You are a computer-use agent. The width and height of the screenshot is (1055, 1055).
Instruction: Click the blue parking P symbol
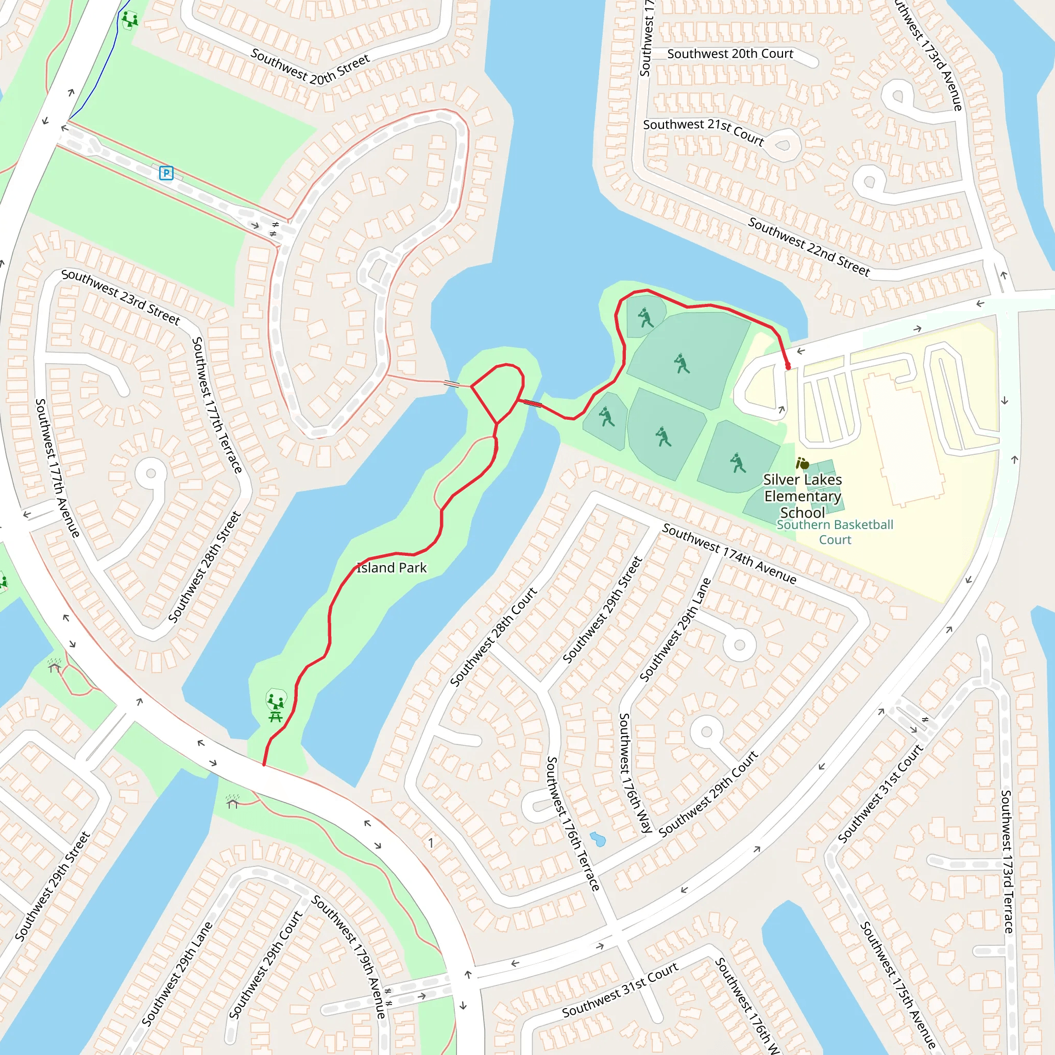[166, 173]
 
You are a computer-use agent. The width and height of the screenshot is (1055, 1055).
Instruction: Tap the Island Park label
[392, 568]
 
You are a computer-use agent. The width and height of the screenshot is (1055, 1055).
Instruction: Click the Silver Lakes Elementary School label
[802, 496]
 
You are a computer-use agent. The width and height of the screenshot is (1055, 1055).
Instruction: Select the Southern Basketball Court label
[835, 532]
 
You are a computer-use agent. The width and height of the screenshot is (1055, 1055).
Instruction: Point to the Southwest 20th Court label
[730, 54]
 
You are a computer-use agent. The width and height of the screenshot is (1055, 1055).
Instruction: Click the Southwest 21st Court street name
[703, 131]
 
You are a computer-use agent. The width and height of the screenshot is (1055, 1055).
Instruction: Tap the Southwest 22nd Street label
[809, 247]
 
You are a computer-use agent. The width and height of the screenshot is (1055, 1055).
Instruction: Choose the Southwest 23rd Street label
[121, 297]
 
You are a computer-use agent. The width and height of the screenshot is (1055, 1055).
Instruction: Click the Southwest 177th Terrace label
[217, 404]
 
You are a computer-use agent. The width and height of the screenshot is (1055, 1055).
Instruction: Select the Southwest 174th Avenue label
[729, 553]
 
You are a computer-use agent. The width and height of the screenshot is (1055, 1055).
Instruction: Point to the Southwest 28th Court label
[493, 637]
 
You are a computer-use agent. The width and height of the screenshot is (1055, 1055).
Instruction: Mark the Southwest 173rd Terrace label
[1007, 861]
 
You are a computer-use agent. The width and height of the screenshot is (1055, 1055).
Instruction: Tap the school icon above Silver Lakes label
[802, 464]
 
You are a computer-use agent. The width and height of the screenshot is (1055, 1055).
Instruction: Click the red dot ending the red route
[788, 367]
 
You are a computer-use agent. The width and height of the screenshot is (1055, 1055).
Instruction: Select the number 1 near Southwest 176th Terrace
[430, 843]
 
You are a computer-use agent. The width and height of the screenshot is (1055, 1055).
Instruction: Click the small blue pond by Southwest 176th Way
[598, 839]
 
